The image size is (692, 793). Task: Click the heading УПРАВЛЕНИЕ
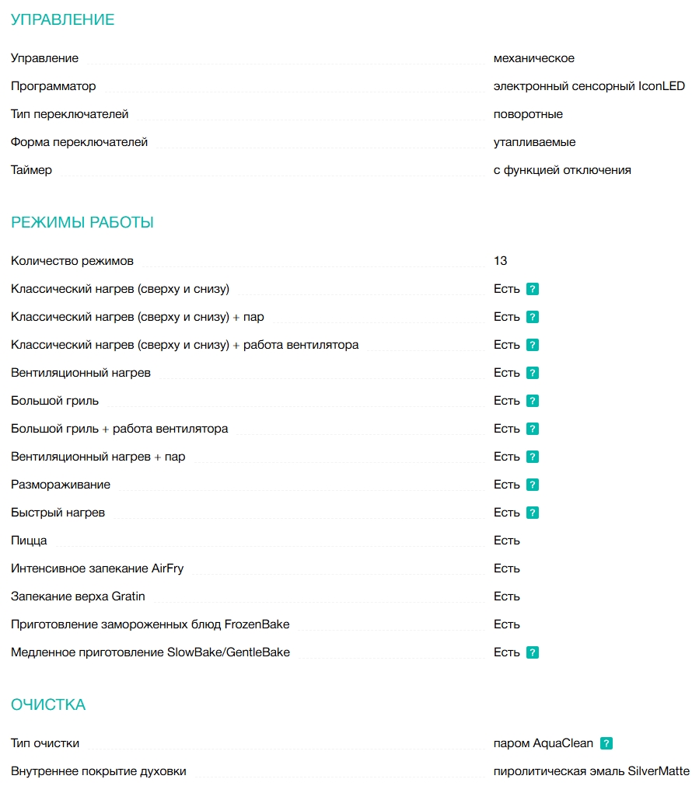tap(62, 20)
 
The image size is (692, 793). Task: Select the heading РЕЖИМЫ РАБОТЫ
tap(82, 223)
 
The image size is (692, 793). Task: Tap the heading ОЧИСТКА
tap(48, 705)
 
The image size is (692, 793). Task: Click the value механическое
tap(534, 58)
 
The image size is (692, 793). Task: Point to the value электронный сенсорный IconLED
tap(589, 86)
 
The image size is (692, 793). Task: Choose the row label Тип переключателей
tap(70, 114)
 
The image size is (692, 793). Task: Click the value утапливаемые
tap(534, 142)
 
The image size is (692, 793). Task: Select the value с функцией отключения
tap(562, 170)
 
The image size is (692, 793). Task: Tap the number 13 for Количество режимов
tap(500, 261)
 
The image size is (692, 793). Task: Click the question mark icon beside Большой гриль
tap(533, 401)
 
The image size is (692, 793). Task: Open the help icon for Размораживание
tap(533, 485)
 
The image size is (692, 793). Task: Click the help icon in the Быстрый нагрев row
tap(533, 513)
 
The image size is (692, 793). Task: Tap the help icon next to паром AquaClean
tap(606, 743)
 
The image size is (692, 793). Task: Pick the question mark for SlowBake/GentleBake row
tap(533, 652)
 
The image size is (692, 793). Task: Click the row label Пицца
tap(29, 541)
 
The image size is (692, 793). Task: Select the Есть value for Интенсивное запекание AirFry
tap(506, 569)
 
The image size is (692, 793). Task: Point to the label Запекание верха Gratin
tap(78, 596)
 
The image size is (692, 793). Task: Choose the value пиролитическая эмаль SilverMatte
tap(591, 771)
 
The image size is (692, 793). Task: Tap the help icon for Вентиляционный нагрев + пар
tap(533, 457)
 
